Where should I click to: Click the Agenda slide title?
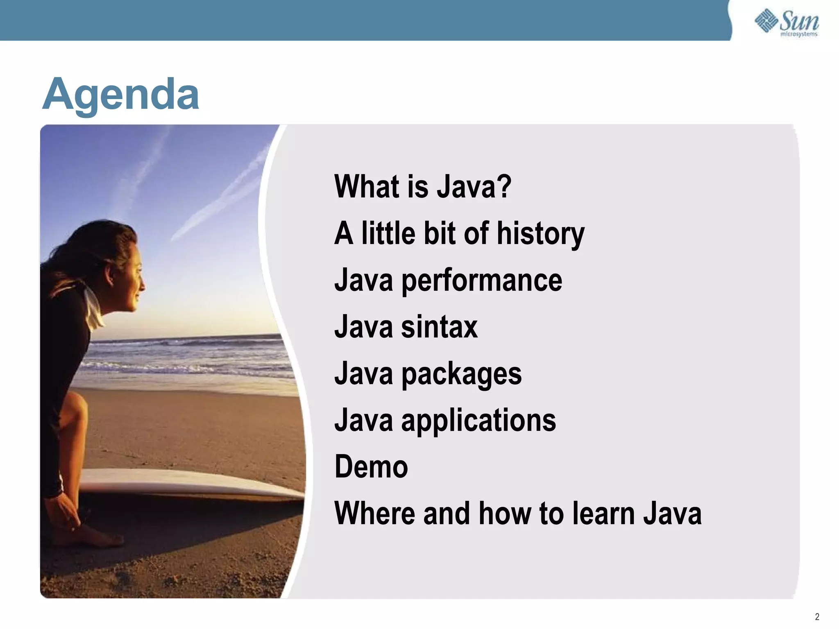click(x=120, y=95)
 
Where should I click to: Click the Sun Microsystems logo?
click(x=787, y=23)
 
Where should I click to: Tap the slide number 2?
click(x=817, y=617)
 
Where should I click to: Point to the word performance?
click(x=481, y=281)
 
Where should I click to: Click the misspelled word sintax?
click(x=439, y=327)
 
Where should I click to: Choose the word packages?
click(x=461, y=374)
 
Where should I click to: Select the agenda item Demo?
click(x=371, y=467)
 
